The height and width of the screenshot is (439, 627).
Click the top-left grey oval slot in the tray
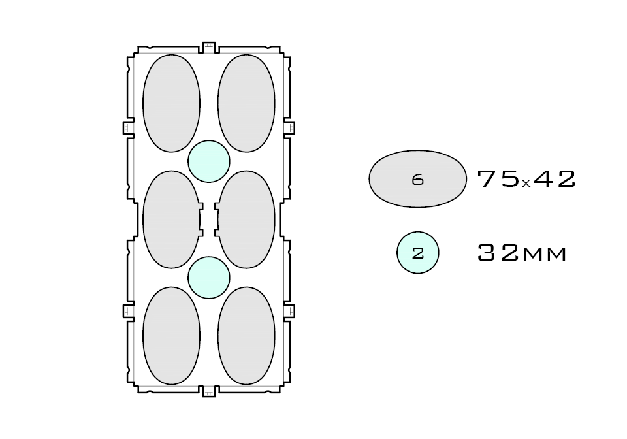pos(171,103)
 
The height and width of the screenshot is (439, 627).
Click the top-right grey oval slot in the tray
pos(246,103)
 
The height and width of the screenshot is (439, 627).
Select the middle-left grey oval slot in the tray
pos(170,219)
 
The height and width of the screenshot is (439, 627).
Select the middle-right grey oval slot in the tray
pos(247,219)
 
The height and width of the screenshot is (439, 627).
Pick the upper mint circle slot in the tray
pos(209,161)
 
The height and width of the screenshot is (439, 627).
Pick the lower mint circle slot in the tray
pos(209,278)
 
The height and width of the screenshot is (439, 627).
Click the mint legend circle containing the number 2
pos(418,253)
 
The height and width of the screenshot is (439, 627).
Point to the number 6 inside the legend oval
pos(418,180)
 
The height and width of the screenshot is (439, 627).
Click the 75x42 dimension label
pos(526,179)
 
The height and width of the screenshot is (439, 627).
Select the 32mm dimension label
pos(522,253)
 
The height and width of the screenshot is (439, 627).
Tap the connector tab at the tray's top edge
pos(209,47)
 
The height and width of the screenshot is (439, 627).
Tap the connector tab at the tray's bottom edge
pos(209,391)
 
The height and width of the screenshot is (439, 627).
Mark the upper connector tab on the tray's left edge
pos(128,127)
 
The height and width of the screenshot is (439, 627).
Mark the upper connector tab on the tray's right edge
pos(289,127)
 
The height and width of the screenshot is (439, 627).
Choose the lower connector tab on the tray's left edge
pos(128,311)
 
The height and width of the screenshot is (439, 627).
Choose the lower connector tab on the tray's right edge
pos(289,311)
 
